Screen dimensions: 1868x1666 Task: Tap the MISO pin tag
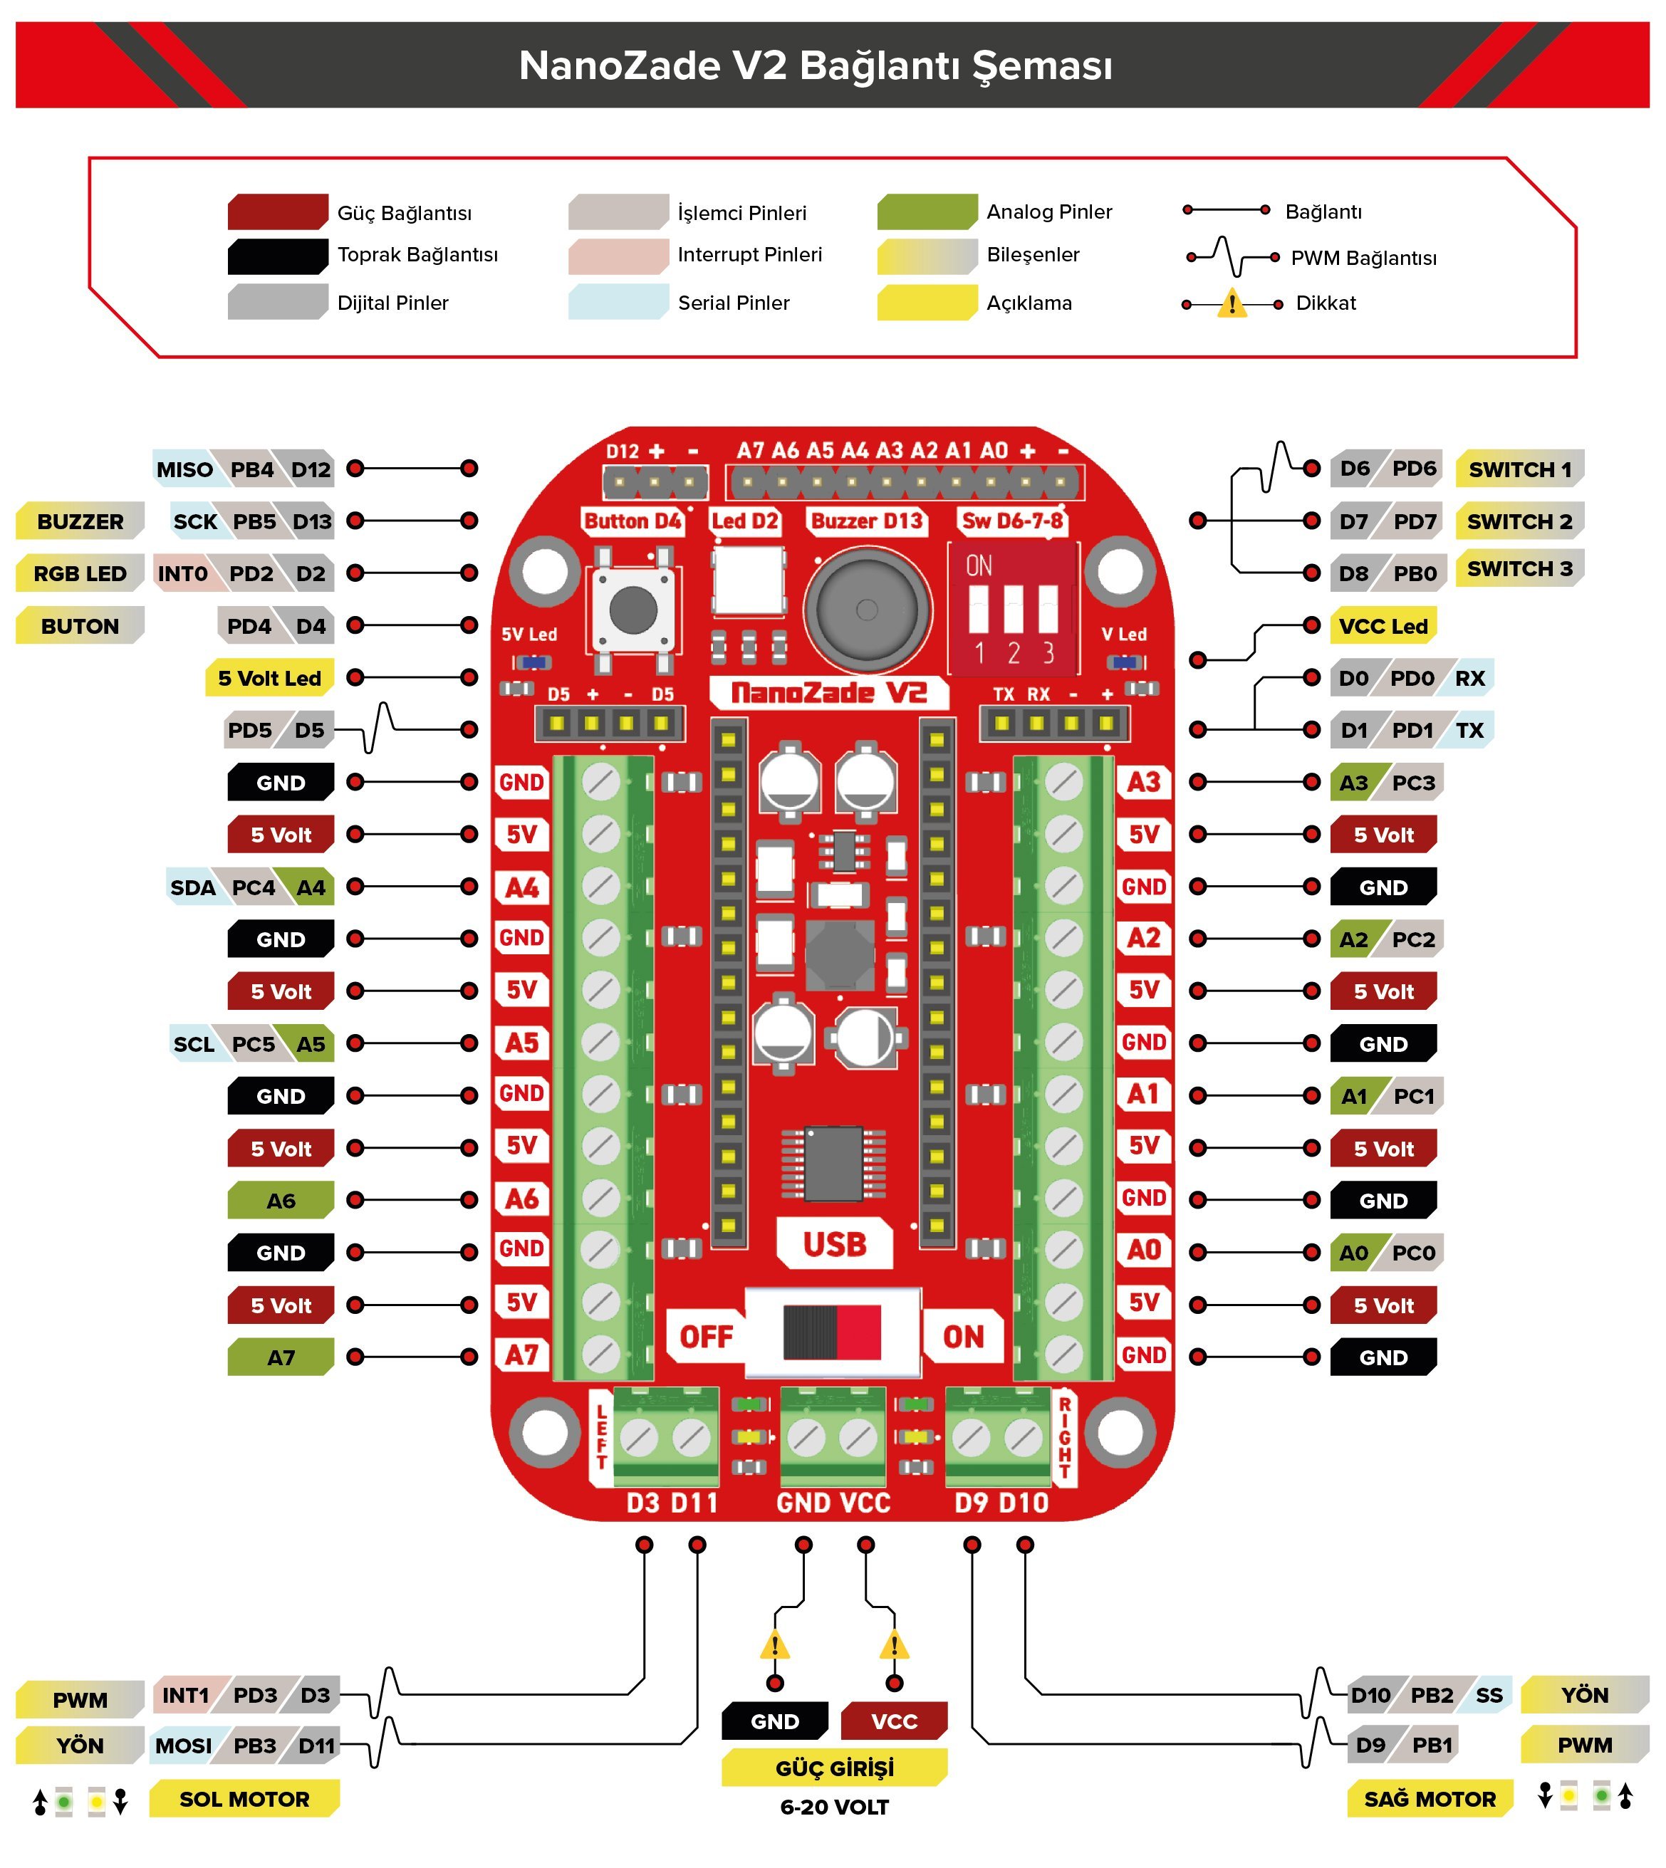point(184,469)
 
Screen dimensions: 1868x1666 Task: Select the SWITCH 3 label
point(1519,568)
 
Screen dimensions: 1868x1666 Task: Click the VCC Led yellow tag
point(1383,626)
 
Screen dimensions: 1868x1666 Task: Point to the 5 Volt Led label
point(269,678)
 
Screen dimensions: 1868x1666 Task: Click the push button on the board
point(632,610)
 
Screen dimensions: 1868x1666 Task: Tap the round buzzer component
point(866,610)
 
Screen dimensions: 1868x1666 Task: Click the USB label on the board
point(834,1244)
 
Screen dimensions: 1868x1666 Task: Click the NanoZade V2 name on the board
point(828,693)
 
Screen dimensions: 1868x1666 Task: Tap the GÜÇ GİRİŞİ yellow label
point(834,1768)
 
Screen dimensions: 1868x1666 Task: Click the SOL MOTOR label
point(244,1798)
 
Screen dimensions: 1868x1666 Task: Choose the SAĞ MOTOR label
point(1429,1798)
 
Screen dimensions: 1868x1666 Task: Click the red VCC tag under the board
point(893,1721)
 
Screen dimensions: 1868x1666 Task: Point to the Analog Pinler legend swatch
point(927,212)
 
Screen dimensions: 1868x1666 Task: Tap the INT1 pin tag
point(185,1695)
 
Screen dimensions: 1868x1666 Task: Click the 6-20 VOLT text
point(834,1807)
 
